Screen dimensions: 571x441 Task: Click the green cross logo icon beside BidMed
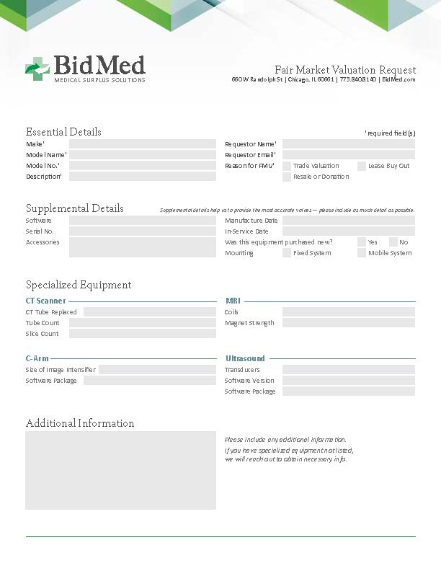tap(36, 68)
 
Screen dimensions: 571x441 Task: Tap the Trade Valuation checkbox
tap(287, 166)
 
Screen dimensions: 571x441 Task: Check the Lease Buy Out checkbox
tap(362, 166)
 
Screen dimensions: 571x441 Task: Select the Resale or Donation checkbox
tap(287, 177)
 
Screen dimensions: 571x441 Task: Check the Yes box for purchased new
tap(362, 242)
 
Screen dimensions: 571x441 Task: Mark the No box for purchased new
tap(393, 242)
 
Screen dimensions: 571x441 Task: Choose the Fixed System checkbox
tap(287, 253)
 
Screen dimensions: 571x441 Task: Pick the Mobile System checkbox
tap(362, 253)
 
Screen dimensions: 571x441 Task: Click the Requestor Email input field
tap(348, 155)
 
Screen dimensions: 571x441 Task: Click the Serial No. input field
tap(142, 231)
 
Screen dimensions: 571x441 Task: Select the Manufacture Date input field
tap(348, 221)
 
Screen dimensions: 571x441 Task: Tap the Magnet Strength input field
tap(348, 323)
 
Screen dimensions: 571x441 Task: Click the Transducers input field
tap(348, 370)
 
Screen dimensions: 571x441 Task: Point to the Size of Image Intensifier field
tap(157, 370)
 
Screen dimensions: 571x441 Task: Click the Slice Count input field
tap(142, 334)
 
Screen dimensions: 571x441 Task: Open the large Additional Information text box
tap(120, 470)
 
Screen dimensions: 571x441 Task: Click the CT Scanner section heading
tap(45, 301)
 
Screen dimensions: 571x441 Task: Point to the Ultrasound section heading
tap(245, 358)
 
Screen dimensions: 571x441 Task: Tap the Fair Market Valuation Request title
tap(345, 69)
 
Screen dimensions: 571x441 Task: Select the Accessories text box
tap(142, 247)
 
